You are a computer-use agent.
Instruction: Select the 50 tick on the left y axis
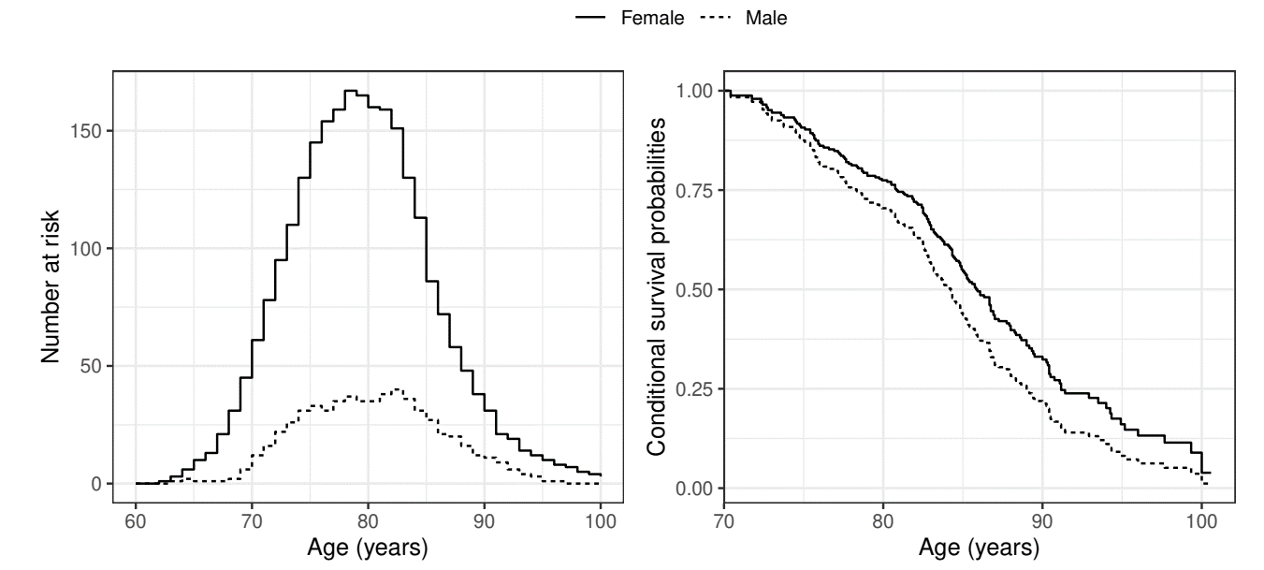pyautogui.click(x=93, y=366)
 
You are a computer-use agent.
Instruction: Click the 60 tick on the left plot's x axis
pyautogui.click(x=136, y=520)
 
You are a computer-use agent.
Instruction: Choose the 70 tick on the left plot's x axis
pyautogui.click(x=252, y=520)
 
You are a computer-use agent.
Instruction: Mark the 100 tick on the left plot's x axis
pyautogui.click(x=600, y=520)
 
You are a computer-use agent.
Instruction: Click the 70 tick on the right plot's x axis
pyautogui.click(x=723, y=520)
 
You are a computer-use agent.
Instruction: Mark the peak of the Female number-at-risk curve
pyautogui.click(x=351, y=91)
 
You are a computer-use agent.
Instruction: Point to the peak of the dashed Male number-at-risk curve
pyautogui.click(x=397, y=388)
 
